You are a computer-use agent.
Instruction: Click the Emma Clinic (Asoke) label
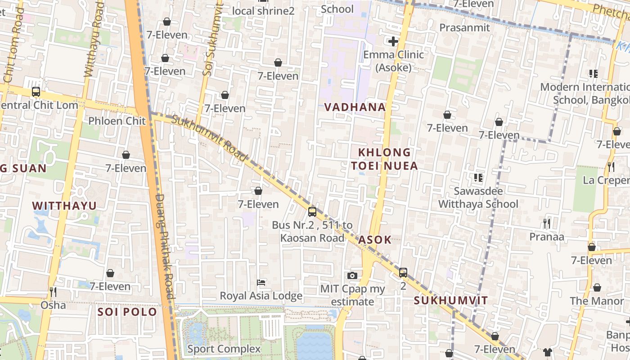pos(393,61)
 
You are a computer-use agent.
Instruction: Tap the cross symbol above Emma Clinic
pos(393,42)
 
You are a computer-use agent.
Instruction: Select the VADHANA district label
pos(355,107)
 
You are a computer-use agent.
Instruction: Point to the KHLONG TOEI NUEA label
pos(384,159)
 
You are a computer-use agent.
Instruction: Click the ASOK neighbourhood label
pos(375,240)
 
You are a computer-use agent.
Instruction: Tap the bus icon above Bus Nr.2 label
pos(312,212)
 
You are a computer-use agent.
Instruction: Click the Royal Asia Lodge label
pos(261,296)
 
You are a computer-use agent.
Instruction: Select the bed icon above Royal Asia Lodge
pos(261,283)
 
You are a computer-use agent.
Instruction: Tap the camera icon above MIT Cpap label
pos(352,275)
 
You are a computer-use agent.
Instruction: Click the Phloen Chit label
pos(117,121)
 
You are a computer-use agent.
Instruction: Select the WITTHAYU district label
pos(64,206)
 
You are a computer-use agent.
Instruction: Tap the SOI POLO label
pos(127,311)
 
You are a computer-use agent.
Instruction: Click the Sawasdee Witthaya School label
pos(478,198)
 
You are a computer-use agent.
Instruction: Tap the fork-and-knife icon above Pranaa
pos(547,223)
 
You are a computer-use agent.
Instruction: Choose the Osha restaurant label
pos(53,305)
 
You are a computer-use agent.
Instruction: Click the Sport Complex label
pos(224,349)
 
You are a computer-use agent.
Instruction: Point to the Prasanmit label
pos(464,27)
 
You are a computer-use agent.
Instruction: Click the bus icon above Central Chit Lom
pos(36,92)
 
